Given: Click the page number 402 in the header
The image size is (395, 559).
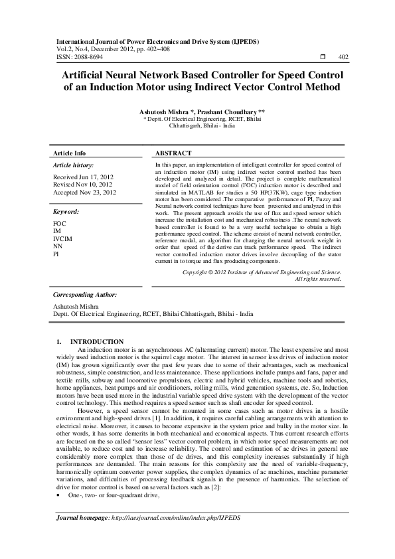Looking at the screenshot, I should [343, 58].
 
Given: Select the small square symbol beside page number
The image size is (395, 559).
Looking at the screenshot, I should [321, 58].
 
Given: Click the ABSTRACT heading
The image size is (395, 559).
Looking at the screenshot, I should [173, 153].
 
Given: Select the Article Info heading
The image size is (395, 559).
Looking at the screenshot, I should [69, 153].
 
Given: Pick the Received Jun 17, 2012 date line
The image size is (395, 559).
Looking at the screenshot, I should [83, 177].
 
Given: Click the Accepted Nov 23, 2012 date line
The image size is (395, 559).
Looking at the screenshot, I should [84, 192].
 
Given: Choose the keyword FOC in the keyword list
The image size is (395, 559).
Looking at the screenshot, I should [59, 224].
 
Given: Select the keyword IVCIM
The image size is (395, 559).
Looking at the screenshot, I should [62, 238].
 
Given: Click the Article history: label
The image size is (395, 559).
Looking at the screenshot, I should [73, 163].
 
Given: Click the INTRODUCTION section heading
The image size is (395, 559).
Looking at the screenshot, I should [97, 341].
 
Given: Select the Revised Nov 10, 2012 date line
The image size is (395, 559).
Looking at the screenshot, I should [84, 185].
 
